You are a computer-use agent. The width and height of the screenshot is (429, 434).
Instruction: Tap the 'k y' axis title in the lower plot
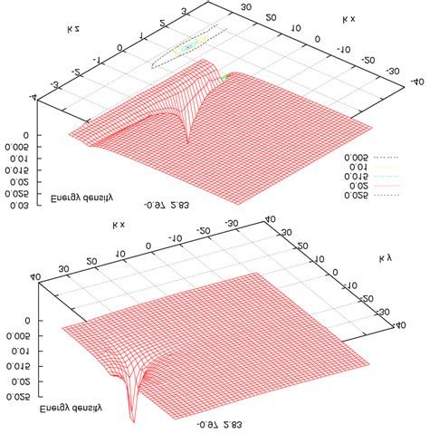click(x=384, y=260)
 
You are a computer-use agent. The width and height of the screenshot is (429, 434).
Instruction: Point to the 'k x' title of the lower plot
click(x=119, y=225)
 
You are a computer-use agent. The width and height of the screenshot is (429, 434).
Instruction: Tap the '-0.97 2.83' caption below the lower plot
click(x=219, y=423)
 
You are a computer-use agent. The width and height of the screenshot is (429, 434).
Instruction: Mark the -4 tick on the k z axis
click(x=33, y=99)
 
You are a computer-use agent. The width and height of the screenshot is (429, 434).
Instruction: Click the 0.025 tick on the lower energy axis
click(x=17, y=396)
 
